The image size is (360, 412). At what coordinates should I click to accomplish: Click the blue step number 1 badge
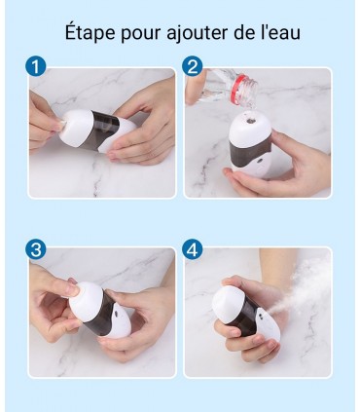[x=37, y=67]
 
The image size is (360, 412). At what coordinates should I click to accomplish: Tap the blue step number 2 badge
[x=193, y=67]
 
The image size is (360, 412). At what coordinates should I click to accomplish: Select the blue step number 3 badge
[x=37, y=248]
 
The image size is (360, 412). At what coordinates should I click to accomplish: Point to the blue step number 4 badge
[x=193, y=248]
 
